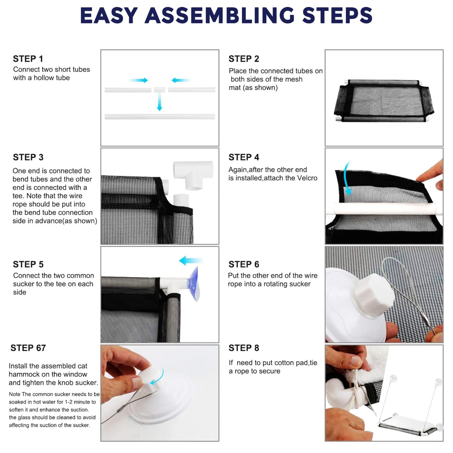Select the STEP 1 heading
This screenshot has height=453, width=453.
click(x=28, y=59)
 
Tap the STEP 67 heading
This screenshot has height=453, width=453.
click(x=28, y=348)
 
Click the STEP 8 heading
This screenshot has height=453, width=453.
click(x=244, y=348)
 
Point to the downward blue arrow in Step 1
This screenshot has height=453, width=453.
click(x=159, y=101)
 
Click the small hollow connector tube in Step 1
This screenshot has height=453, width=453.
click(x=160, y=90)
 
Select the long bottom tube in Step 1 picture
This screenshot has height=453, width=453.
click(x=160, y=117)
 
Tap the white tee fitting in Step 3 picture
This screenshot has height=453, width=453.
click(x=193, y=175)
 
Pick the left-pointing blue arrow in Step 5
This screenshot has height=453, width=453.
click(x=191, y=261)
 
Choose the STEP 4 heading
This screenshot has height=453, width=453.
click(x=244, y=157)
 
